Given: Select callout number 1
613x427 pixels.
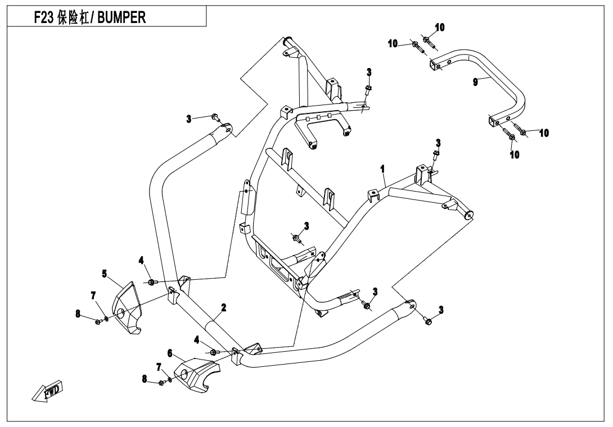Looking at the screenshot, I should [382, 168].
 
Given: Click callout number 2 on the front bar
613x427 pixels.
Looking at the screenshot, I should [223, 307].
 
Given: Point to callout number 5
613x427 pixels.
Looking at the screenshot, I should [105, 274].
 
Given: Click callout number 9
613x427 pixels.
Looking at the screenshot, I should [475, 81].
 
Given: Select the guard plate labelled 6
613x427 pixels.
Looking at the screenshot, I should [197, 374].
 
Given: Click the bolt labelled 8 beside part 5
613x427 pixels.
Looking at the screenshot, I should [98, 321].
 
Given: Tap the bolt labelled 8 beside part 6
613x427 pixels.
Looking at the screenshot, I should [162, 383].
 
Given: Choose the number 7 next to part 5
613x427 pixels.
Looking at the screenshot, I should [93, 295].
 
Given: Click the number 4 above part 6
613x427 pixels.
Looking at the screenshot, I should [196, 339].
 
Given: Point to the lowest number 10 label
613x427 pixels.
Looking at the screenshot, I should [515, 155].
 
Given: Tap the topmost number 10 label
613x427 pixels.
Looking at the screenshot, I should [440, 27].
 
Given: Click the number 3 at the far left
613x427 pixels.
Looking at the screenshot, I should [190, 119].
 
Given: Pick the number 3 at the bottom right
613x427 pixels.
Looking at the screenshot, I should [441, 309].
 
